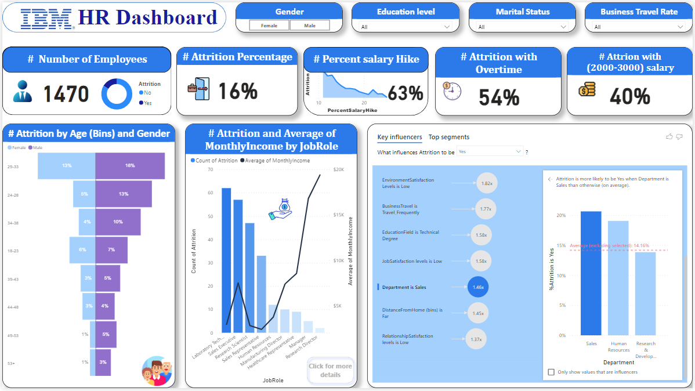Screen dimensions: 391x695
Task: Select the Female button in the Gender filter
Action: (x=269, y=26)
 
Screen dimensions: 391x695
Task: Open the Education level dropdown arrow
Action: (x=447, y=27)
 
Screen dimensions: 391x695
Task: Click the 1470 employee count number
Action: (x=66, y=94)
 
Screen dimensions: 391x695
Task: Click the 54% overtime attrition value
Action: (x=499, y=97)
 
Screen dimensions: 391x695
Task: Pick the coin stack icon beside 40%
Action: (x=587, y=89)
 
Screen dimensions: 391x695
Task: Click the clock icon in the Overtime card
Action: (x=452, y=91)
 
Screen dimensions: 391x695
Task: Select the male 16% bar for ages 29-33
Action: (x=130, y=166)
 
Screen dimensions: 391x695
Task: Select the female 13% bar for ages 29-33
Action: (x=67, y=166)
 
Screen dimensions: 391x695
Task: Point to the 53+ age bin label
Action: (x=12, y=363)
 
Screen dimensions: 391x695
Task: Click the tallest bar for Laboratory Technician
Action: (x=226, y=260)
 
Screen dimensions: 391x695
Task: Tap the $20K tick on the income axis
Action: (x=338, y=170)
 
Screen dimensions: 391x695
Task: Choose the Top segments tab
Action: (x=449, y=137)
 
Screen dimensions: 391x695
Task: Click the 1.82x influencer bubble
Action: (x=487, y=183)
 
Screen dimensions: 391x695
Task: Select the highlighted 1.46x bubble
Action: (x=478, y=287)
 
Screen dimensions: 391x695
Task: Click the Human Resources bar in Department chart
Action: (x=618, y=278)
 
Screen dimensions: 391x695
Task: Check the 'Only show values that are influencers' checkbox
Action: (x=551, y=372)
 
